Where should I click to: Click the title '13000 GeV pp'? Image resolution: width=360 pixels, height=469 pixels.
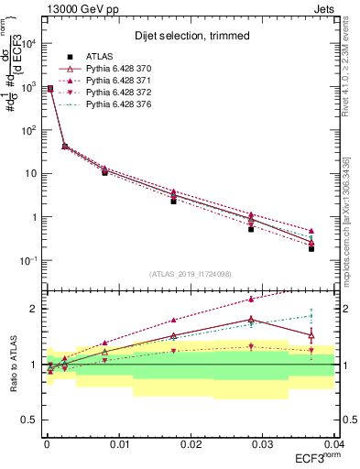(x=75, y=9)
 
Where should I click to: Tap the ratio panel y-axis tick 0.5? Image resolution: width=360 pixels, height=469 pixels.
(x=30, y=420)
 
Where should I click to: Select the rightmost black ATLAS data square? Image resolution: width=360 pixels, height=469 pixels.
(x=311, y=249)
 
